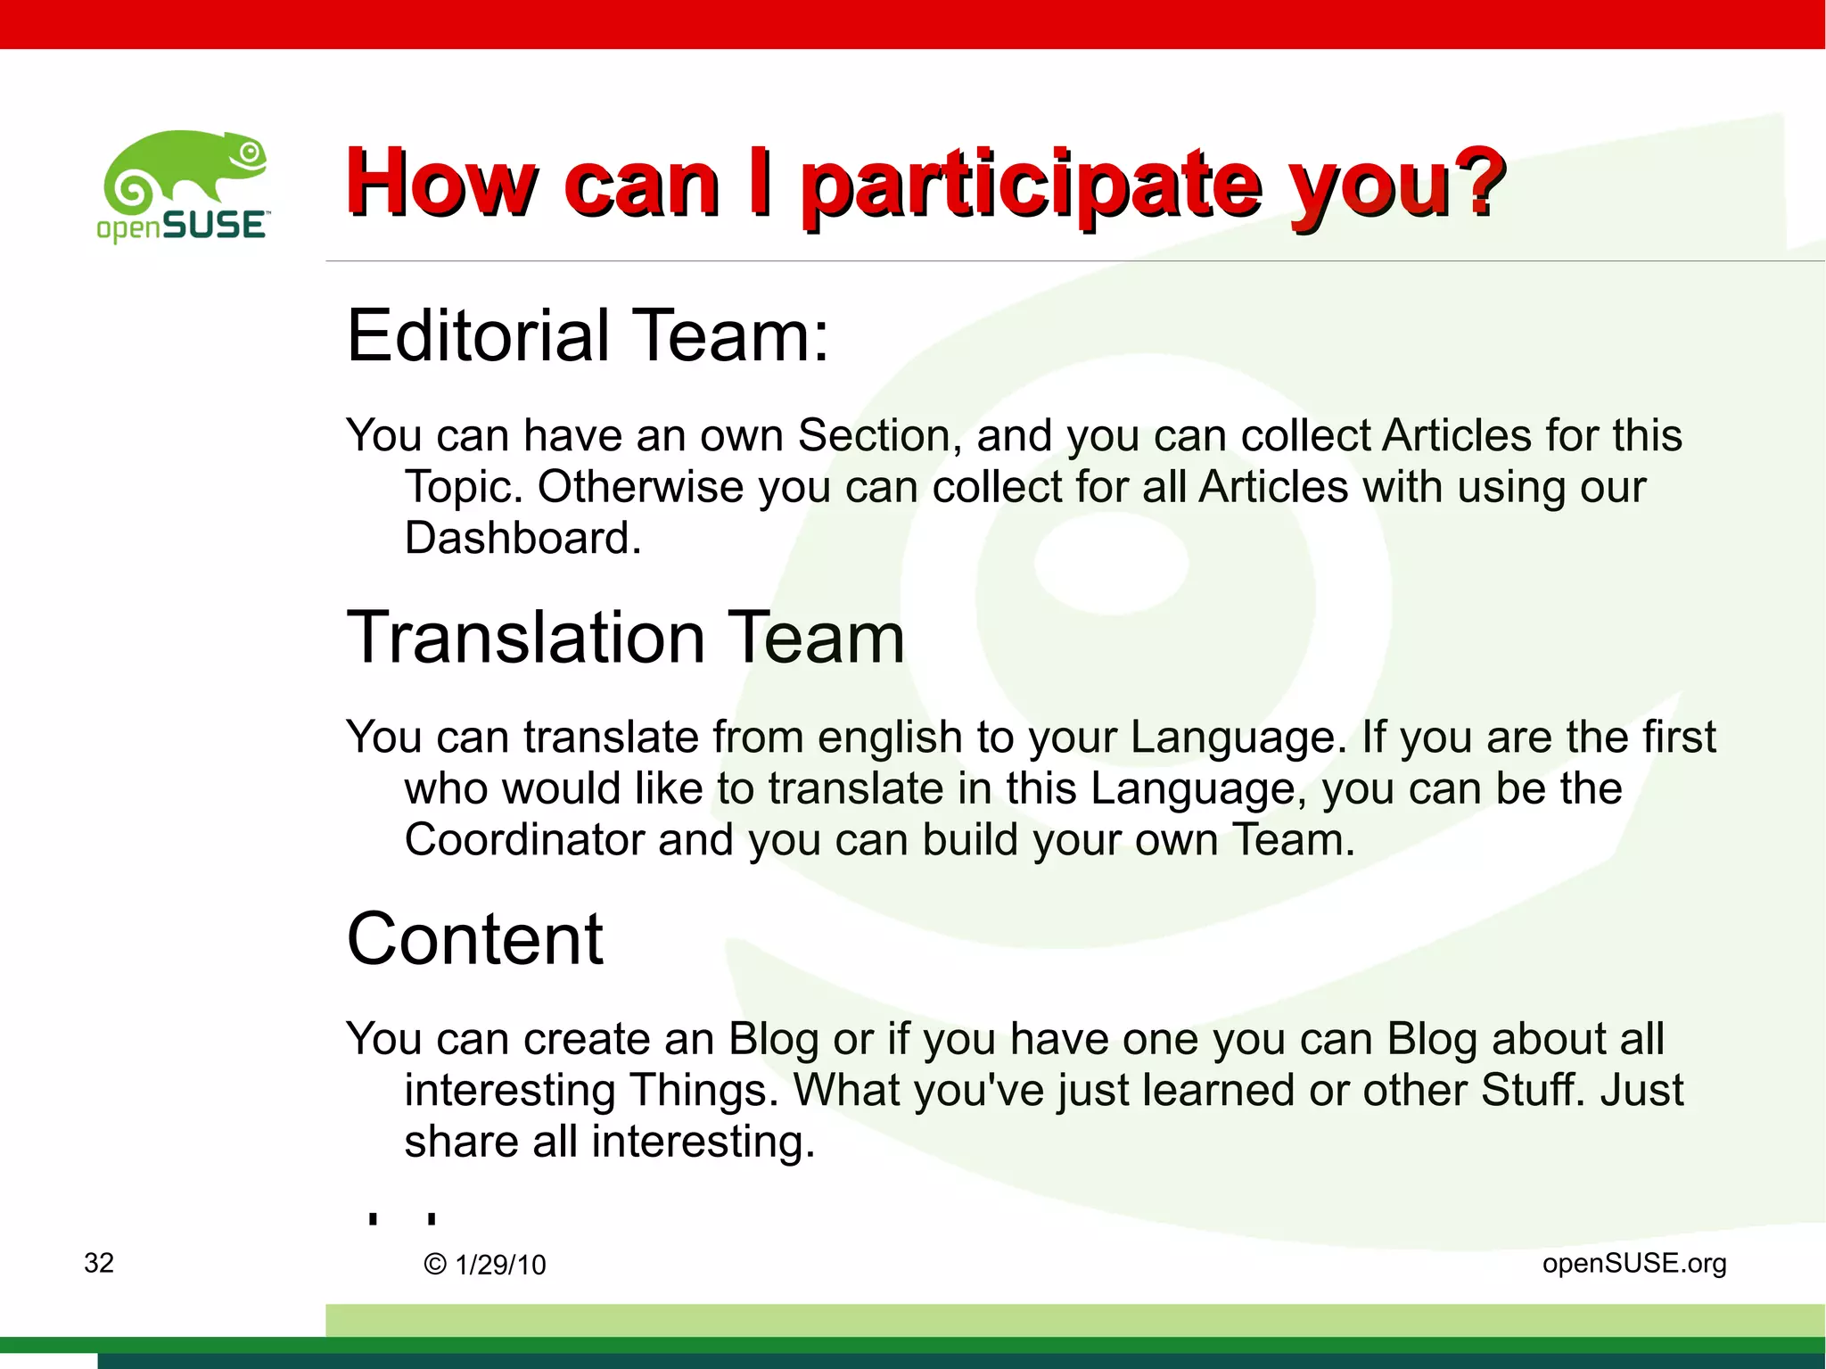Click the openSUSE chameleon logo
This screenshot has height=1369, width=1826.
pos(183,186)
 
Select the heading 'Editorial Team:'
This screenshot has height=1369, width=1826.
pos(588,335)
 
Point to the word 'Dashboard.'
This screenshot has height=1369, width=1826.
pos(522,539)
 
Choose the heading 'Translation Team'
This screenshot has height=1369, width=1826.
pos(625,638)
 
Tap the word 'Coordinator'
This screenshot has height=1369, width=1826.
pos(523,840)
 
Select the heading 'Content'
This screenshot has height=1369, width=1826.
pos(475,939)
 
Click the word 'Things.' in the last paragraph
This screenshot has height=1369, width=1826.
pos(703,1091)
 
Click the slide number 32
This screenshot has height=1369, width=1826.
pos(99,1263)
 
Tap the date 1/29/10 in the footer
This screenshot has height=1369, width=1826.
pos(500,1265)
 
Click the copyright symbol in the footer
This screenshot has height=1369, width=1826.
pos(435,1265)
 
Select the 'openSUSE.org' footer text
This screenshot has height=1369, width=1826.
pos(1634,1263)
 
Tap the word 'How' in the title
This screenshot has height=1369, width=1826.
pos(442,185)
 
